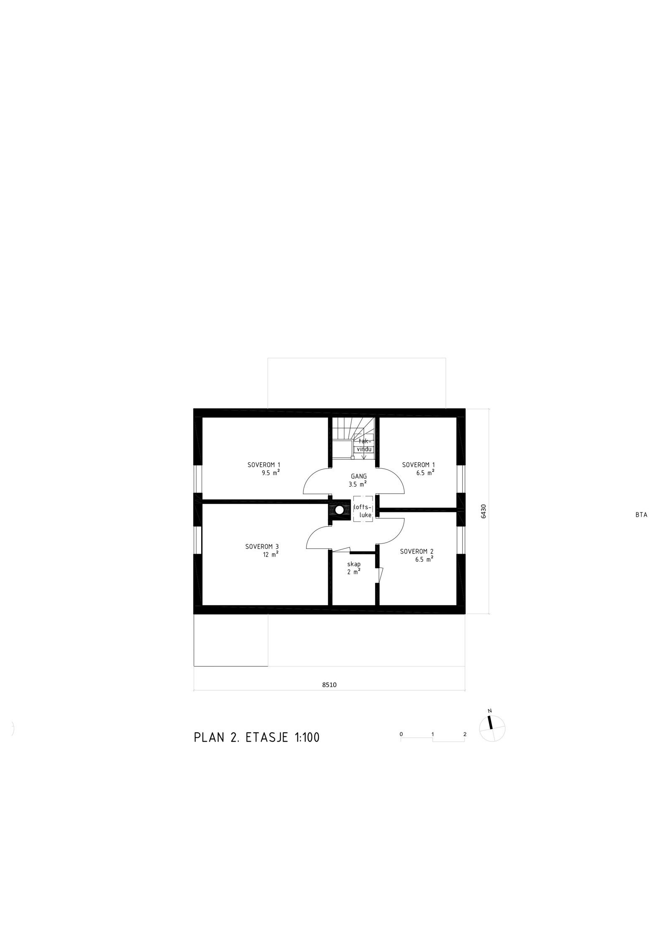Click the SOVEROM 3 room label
262,546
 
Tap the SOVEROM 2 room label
416,551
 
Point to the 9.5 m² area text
270,473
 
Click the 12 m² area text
271,554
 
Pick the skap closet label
354,564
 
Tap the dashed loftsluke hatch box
362,509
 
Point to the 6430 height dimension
484,511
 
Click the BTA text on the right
641,515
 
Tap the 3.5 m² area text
357,484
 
